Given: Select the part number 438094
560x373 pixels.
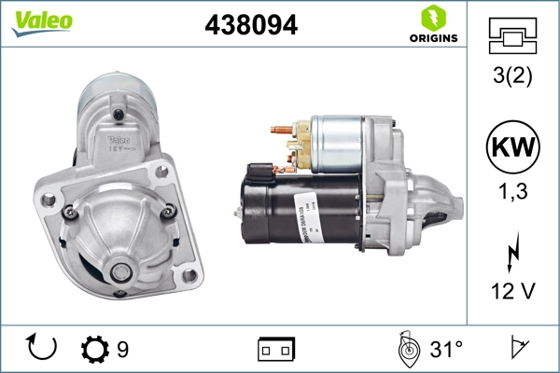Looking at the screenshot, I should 250,26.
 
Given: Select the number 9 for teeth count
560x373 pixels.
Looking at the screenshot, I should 122,350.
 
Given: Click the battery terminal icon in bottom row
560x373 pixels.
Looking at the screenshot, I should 276,349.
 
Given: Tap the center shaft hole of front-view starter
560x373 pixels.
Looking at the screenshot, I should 121,272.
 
